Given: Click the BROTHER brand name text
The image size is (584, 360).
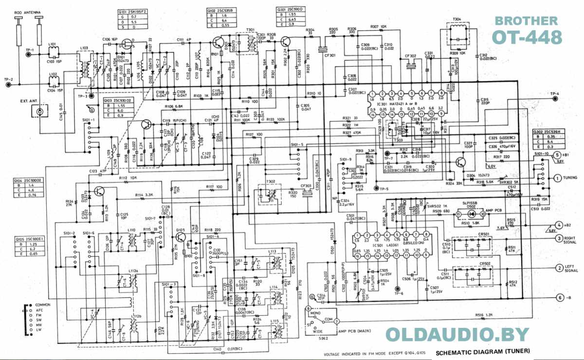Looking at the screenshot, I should (x=526, y=20).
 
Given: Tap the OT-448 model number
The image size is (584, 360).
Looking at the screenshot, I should (x=527, y=37).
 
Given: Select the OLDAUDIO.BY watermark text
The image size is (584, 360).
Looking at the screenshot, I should (x=457, y=335).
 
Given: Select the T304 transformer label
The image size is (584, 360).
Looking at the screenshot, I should (x=456, y=19).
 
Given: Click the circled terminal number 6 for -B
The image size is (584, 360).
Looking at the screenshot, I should (x=560, y=298).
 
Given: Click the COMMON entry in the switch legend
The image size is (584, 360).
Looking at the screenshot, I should (x=42, y=305).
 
